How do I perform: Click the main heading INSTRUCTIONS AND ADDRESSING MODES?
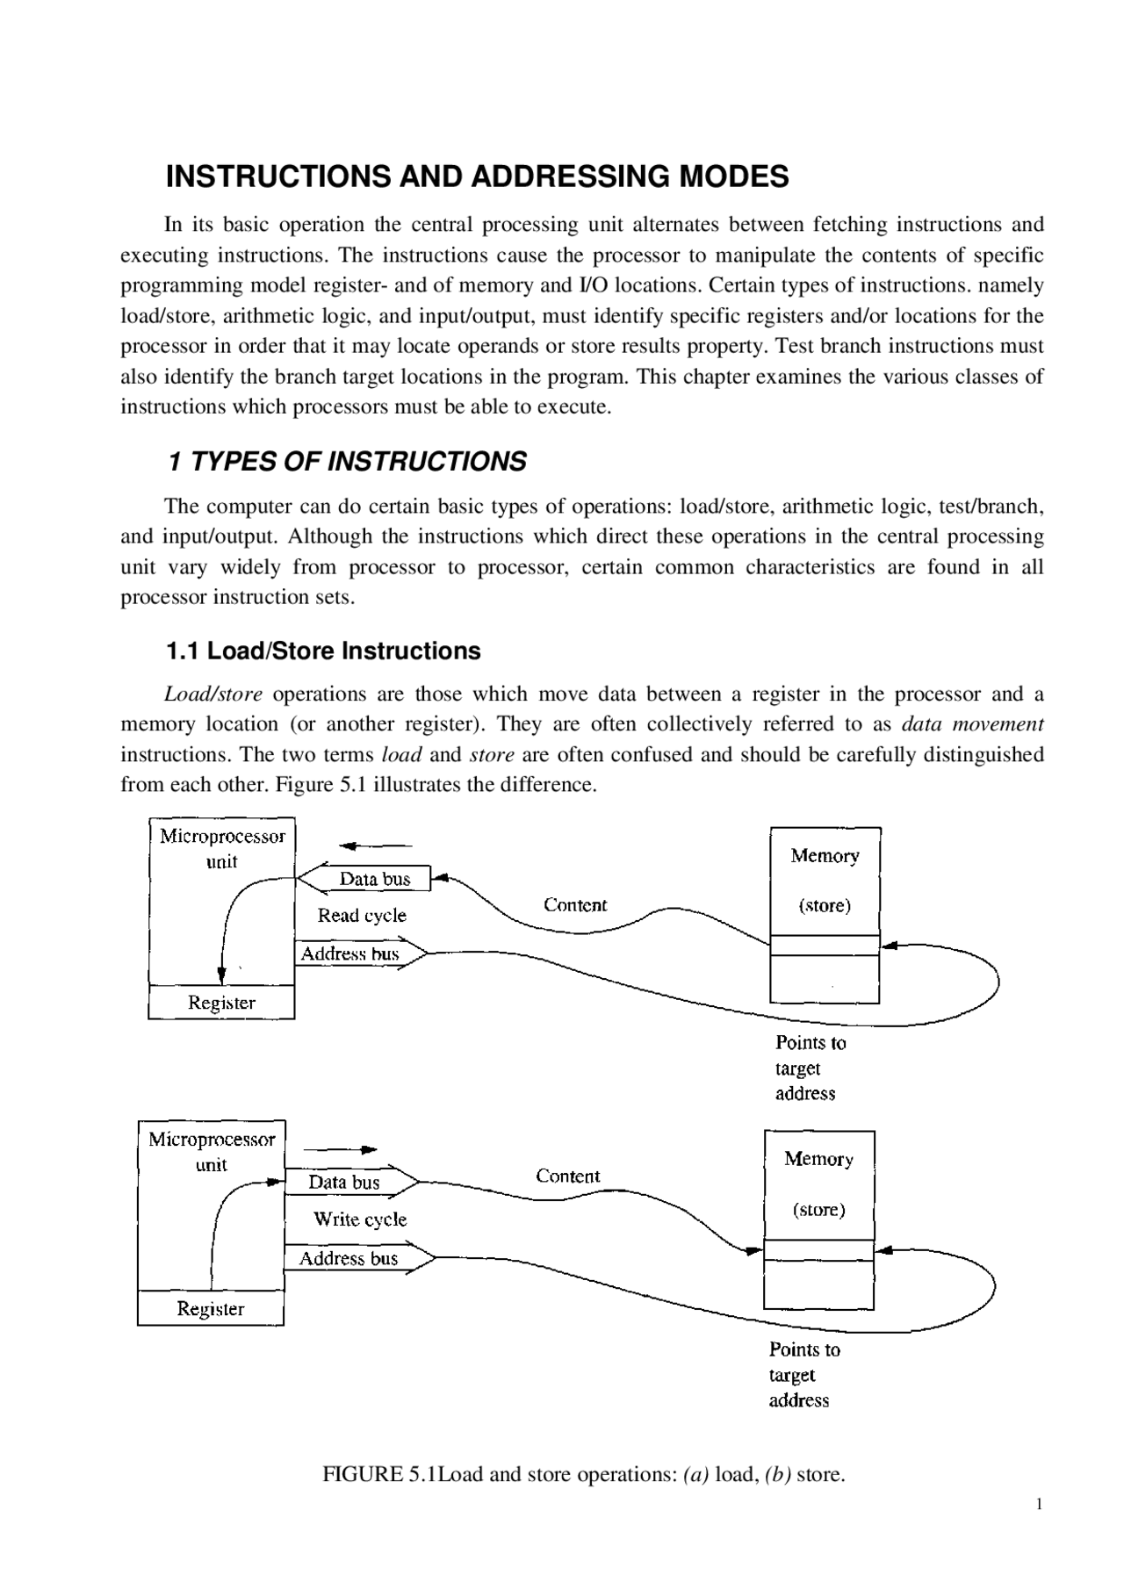pos(477,177)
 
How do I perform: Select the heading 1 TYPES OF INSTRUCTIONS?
pos(347,462)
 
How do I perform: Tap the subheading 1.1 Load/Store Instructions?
pos(323,651)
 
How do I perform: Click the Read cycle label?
pos(362,916)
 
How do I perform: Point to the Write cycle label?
pos(360,1219)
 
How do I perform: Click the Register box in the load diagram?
pos(221,1003)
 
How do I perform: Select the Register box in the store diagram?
pos(211,1309)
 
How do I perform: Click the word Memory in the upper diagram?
pos(825,856)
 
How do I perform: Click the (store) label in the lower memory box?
pos(818,1210)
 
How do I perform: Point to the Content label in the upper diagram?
pos(575,905)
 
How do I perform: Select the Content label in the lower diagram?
pos(568,1176)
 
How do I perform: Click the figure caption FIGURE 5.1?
pos(584,1474)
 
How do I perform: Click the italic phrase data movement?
pos(973,724)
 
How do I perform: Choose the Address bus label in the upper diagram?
pos(349,954)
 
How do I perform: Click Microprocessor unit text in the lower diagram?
pos(212,1152)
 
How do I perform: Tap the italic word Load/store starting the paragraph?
pos(213,694)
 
